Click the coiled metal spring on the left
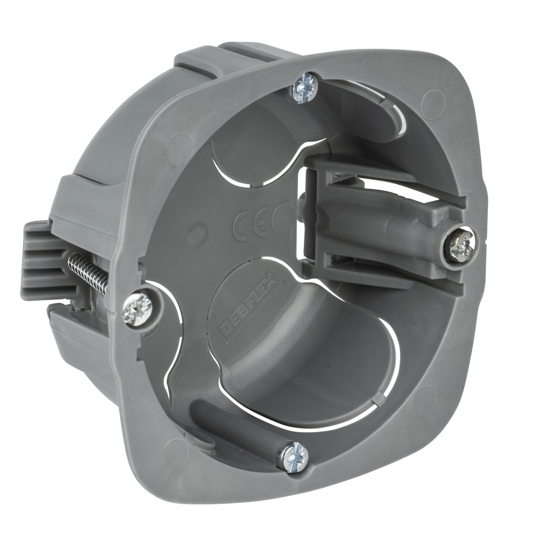90,269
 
